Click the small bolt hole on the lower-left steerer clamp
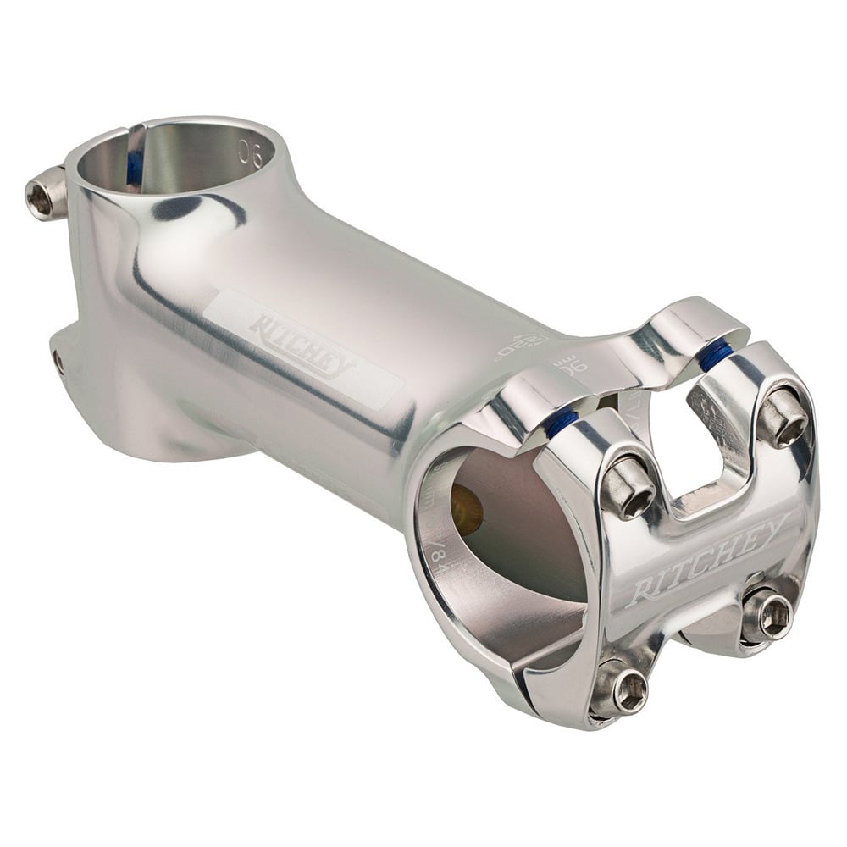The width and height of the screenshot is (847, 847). (58, 362)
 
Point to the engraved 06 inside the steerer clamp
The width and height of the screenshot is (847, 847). (251, 152)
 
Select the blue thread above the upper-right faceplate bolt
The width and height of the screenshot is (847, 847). (715, 356)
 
